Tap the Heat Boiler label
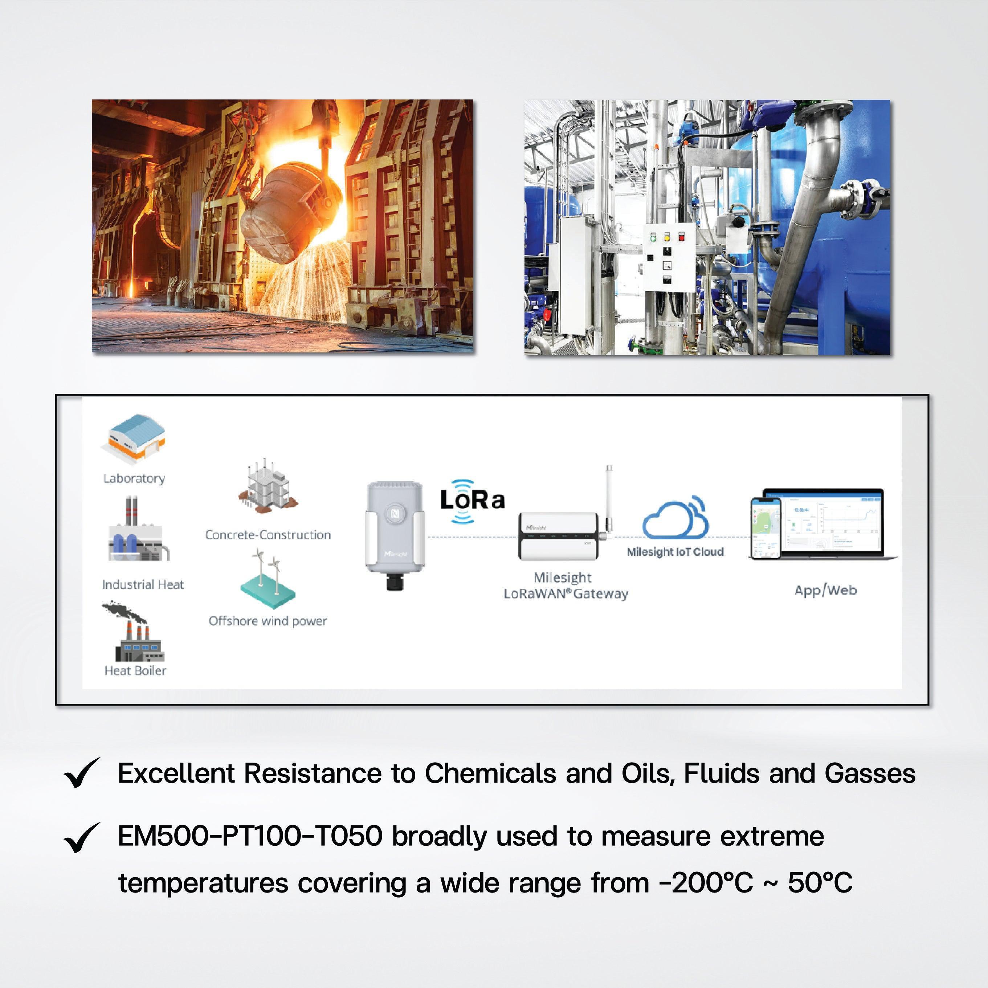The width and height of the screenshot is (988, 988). pos(135,670)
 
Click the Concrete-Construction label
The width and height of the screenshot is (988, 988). pos(268,535)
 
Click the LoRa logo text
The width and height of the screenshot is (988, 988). pos(472,501)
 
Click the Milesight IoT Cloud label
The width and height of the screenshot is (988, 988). pos(675,552)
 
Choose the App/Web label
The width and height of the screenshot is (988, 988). pos(825,590)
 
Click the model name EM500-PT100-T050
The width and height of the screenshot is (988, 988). pos(250,837)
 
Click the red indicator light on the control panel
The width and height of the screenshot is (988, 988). pos(681,237)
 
